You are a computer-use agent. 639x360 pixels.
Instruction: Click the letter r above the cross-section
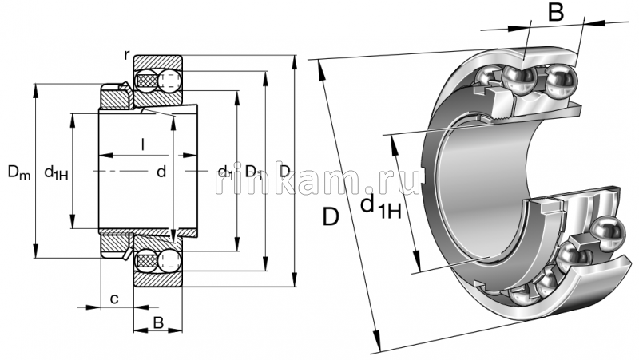coord(127,53)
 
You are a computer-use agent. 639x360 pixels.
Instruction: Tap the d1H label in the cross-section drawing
coord(55,172)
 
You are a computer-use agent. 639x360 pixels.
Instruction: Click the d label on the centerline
coord(161,171)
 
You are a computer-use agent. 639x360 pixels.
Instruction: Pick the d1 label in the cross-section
coord(224,172)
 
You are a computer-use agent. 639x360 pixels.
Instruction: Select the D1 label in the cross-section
coord(254,171)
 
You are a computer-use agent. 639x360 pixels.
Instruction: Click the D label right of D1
coord(284,171)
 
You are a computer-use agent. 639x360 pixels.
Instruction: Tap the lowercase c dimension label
coord(114,299)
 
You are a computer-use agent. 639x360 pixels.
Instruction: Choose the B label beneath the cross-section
coord(158,323)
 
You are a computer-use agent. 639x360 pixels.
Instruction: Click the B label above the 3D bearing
coord(556,14)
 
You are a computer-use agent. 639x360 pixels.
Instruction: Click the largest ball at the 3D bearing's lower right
coord(608,231)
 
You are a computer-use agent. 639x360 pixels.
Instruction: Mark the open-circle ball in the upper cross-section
coord(169,80)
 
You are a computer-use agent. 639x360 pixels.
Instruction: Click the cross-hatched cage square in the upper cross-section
coord(146,80)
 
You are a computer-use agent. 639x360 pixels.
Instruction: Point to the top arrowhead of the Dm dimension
coord(35,86)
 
